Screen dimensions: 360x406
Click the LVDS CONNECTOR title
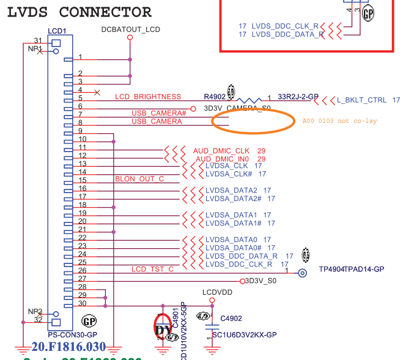click(79, 12)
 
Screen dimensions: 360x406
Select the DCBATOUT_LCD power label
click(130, 29)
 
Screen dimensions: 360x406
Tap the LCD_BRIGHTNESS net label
click(148, 97)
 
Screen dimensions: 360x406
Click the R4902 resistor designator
click(215, 97)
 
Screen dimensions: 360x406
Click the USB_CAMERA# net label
click(159, 113)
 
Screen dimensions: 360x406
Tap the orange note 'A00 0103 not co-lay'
click(340, 121)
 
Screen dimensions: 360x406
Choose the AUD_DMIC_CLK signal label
click(221, 150)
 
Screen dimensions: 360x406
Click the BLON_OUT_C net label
click(139, 179)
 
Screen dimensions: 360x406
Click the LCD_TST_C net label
click(152, 269)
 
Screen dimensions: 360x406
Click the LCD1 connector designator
click(57, 31)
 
